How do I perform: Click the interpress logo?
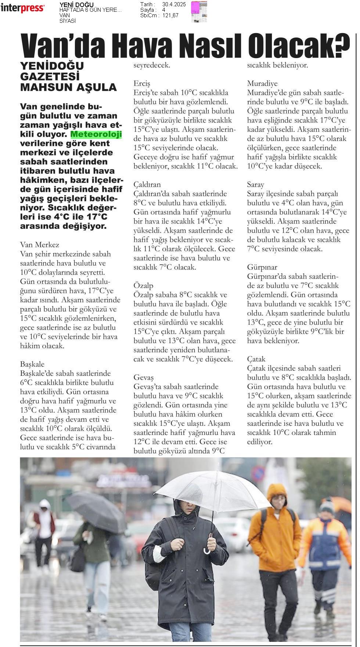[23, 8]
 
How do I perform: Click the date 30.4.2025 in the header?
[174, 4]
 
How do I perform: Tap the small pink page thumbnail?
[199, 12]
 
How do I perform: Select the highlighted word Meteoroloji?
[96, 135]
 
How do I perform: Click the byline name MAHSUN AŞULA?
[68, 87]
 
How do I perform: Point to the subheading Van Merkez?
[39, 244]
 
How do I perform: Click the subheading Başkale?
[32, 364]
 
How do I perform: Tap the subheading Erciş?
[142, 83]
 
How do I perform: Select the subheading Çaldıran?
[147, 185]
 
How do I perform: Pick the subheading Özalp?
[143, 286]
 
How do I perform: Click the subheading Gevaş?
[144, 378]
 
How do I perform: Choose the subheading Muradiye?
[262, 83]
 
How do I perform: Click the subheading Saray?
[255, 185]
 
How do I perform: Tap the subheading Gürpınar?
[262, 267]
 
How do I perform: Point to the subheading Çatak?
[256, 359]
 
